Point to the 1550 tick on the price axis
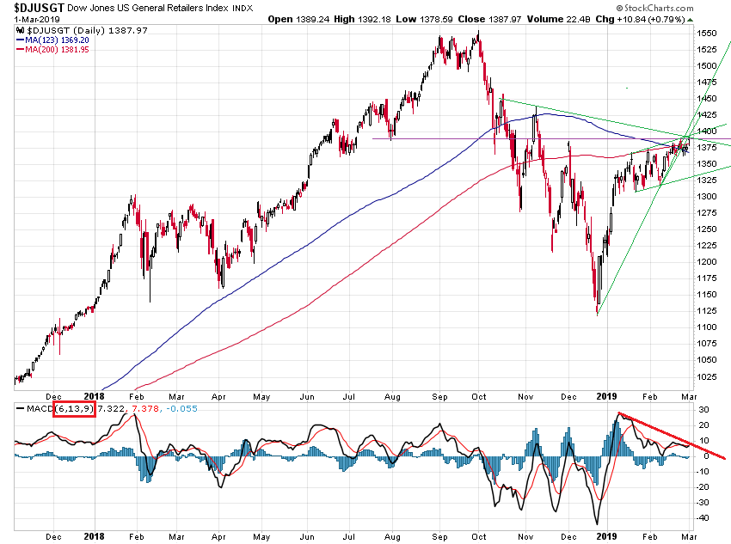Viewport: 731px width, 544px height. [708, 33]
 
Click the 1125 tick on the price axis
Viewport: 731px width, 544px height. [708, 327]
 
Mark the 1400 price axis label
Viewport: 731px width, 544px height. [708, 131]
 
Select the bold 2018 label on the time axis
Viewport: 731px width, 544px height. [95, 535]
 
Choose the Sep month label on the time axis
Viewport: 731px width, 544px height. [438, 535]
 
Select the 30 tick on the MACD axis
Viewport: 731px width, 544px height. [703, 409]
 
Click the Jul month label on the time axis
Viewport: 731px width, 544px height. [349, 535]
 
